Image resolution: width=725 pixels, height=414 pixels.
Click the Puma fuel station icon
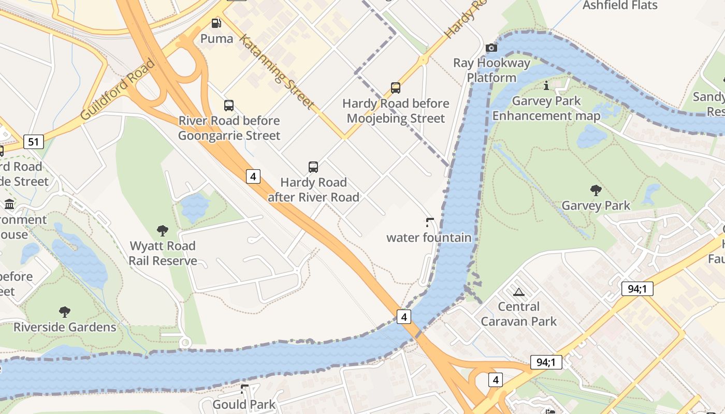tap(216, 23)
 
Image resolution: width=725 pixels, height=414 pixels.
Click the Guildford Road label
tap(118, 90)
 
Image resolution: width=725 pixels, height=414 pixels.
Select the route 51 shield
tap(33, 141)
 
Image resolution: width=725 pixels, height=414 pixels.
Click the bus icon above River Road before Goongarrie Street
tap(229, 106)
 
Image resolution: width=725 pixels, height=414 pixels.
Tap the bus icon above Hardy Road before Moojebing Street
tap(396, 88)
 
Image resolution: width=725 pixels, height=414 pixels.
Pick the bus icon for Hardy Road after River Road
tap(313, 167)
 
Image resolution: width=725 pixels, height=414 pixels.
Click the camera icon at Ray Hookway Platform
tap(491, 48)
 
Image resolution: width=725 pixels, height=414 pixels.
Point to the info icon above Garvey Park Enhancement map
tap(546, 85)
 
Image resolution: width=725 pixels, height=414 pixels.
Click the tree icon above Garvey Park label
tap(596, 190)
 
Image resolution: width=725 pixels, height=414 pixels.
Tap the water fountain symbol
tap(429, 223)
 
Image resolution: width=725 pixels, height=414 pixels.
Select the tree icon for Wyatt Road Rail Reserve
tap(163, 231)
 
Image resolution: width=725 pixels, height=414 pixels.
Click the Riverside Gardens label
tap(65, 327)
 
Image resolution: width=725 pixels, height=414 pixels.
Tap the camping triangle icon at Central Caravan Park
tap(519, 292)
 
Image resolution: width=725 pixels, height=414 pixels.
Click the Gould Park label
tap(244, 404)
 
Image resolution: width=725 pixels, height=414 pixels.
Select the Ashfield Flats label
tap(620, 6)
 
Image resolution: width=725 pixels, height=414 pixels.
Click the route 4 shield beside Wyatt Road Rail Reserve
tap(253, 176)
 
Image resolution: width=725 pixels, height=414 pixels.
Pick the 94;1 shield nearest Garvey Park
tap(637, 289)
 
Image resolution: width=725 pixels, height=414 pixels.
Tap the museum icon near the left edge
tap(9, 204)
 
